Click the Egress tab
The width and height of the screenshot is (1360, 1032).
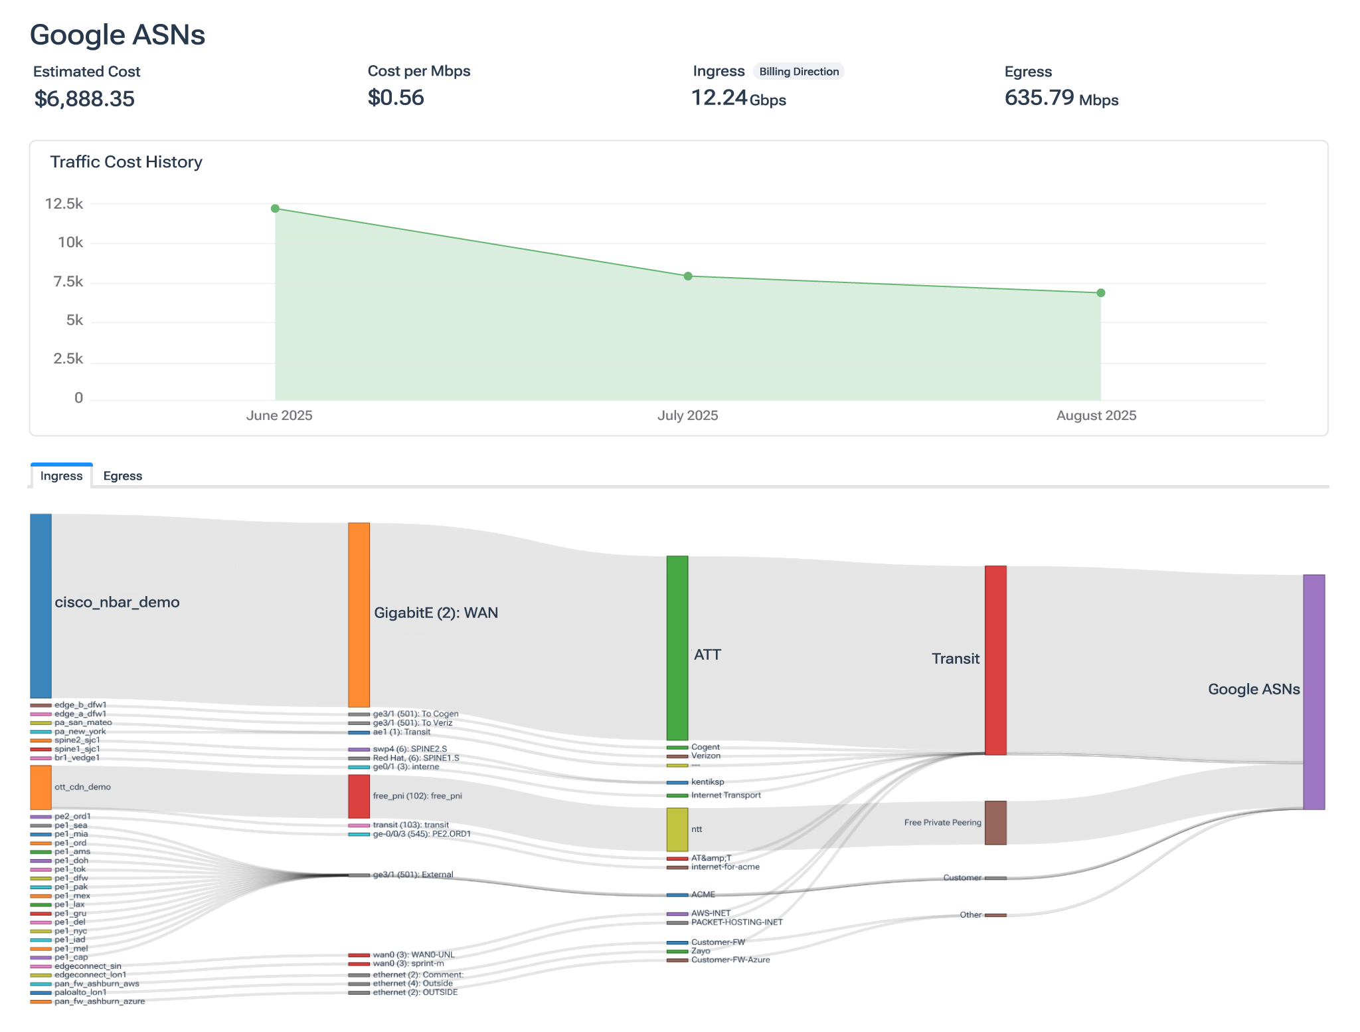(123, 476)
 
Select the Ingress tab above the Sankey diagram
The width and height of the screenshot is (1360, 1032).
(61, 476)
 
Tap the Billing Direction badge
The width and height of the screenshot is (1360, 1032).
(799, 72)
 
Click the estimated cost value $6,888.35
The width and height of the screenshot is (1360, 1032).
(84, 99)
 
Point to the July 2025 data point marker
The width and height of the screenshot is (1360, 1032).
(688, 276)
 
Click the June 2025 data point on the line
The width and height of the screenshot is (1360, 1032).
(275, 209)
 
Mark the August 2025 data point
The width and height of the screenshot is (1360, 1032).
(1100, 293)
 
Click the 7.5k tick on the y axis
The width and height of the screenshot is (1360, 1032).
(68, 282)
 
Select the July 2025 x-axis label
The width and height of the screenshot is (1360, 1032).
(687, 416)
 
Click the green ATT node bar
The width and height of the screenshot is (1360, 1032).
(677, 648)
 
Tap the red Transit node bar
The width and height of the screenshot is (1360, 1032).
(995, 660)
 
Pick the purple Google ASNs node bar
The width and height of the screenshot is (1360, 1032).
(1314, 692)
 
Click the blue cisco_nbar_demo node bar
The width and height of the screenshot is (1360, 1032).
(41, 605)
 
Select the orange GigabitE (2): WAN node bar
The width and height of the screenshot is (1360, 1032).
(359, 615)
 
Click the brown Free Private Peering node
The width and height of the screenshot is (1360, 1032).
(995, 823)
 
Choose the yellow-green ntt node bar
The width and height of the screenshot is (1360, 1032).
(677, 829)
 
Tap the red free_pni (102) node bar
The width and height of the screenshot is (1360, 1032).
(359, 796)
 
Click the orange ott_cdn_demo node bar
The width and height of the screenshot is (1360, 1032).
(41, 787)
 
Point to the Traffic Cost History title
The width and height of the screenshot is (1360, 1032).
(126, 162)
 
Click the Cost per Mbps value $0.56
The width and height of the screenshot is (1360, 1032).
(396, 98)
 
